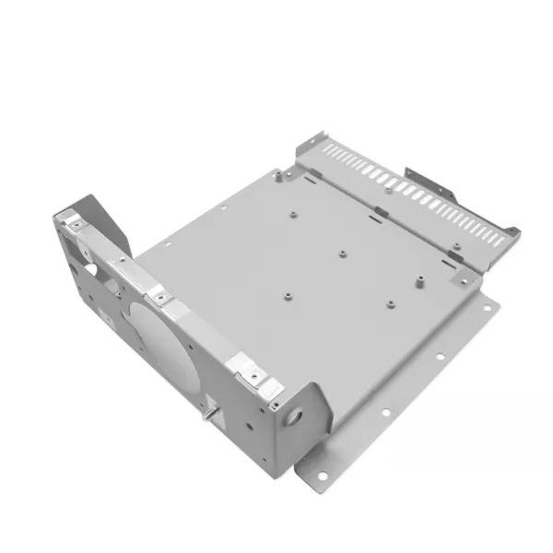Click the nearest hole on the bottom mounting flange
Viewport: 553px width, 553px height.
(x=324, y=476)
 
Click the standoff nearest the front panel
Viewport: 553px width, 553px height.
(x=287, y=296)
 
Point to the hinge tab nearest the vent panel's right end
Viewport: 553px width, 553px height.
(x=455, y=247)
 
